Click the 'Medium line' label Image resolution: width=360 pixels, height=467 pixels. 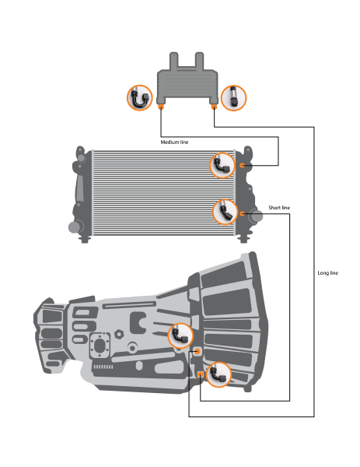point(174,142)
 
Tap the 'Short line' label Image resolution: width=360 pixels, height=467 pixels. point(279,208)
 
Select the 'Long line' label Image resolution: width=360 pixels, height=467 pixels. point(328,273)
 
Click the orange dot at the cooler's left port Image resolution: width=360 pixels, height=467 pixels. point(161,107)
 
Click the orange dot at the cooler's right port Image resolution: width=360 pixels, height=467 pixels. point(214,107)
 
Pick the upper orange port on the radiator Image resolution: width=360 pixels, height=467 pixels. point(242,165)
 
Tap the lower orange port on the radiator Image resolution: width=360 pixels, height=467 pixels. point(242,213)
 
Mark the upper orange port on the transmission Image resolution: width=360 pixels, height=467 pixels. point(197,352)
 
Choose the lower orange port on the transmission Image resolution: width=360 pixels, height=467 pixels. point(201,374)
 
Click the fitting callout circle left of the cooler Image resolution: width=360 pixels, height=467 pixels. point(139,98)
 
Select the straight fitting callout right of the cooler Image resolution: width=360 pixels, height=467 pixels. point(234,98)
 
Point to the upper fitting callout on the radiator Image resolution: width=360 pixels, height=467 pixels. point(222,165)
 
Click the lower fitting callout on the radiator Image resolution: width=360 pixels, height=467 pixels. point(225,212)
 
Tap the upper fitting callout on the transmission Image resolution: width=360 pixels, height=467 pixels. point(180,335)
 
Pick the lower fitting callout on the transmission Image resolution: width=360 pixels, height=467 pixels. point(218,374)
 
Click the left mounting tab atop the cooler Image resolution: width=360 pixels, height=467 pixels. point(173,61)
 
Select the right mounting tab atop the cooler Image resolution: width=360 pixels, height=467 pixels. point(199,61)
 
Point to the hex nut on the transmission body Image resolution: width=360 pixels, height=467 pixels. point(119,334)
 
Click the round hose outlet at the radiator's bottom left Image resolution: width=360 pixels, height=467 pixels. point(75,227)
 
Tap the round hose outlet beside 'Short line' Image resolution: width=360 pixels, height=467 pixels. point(256,216)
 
